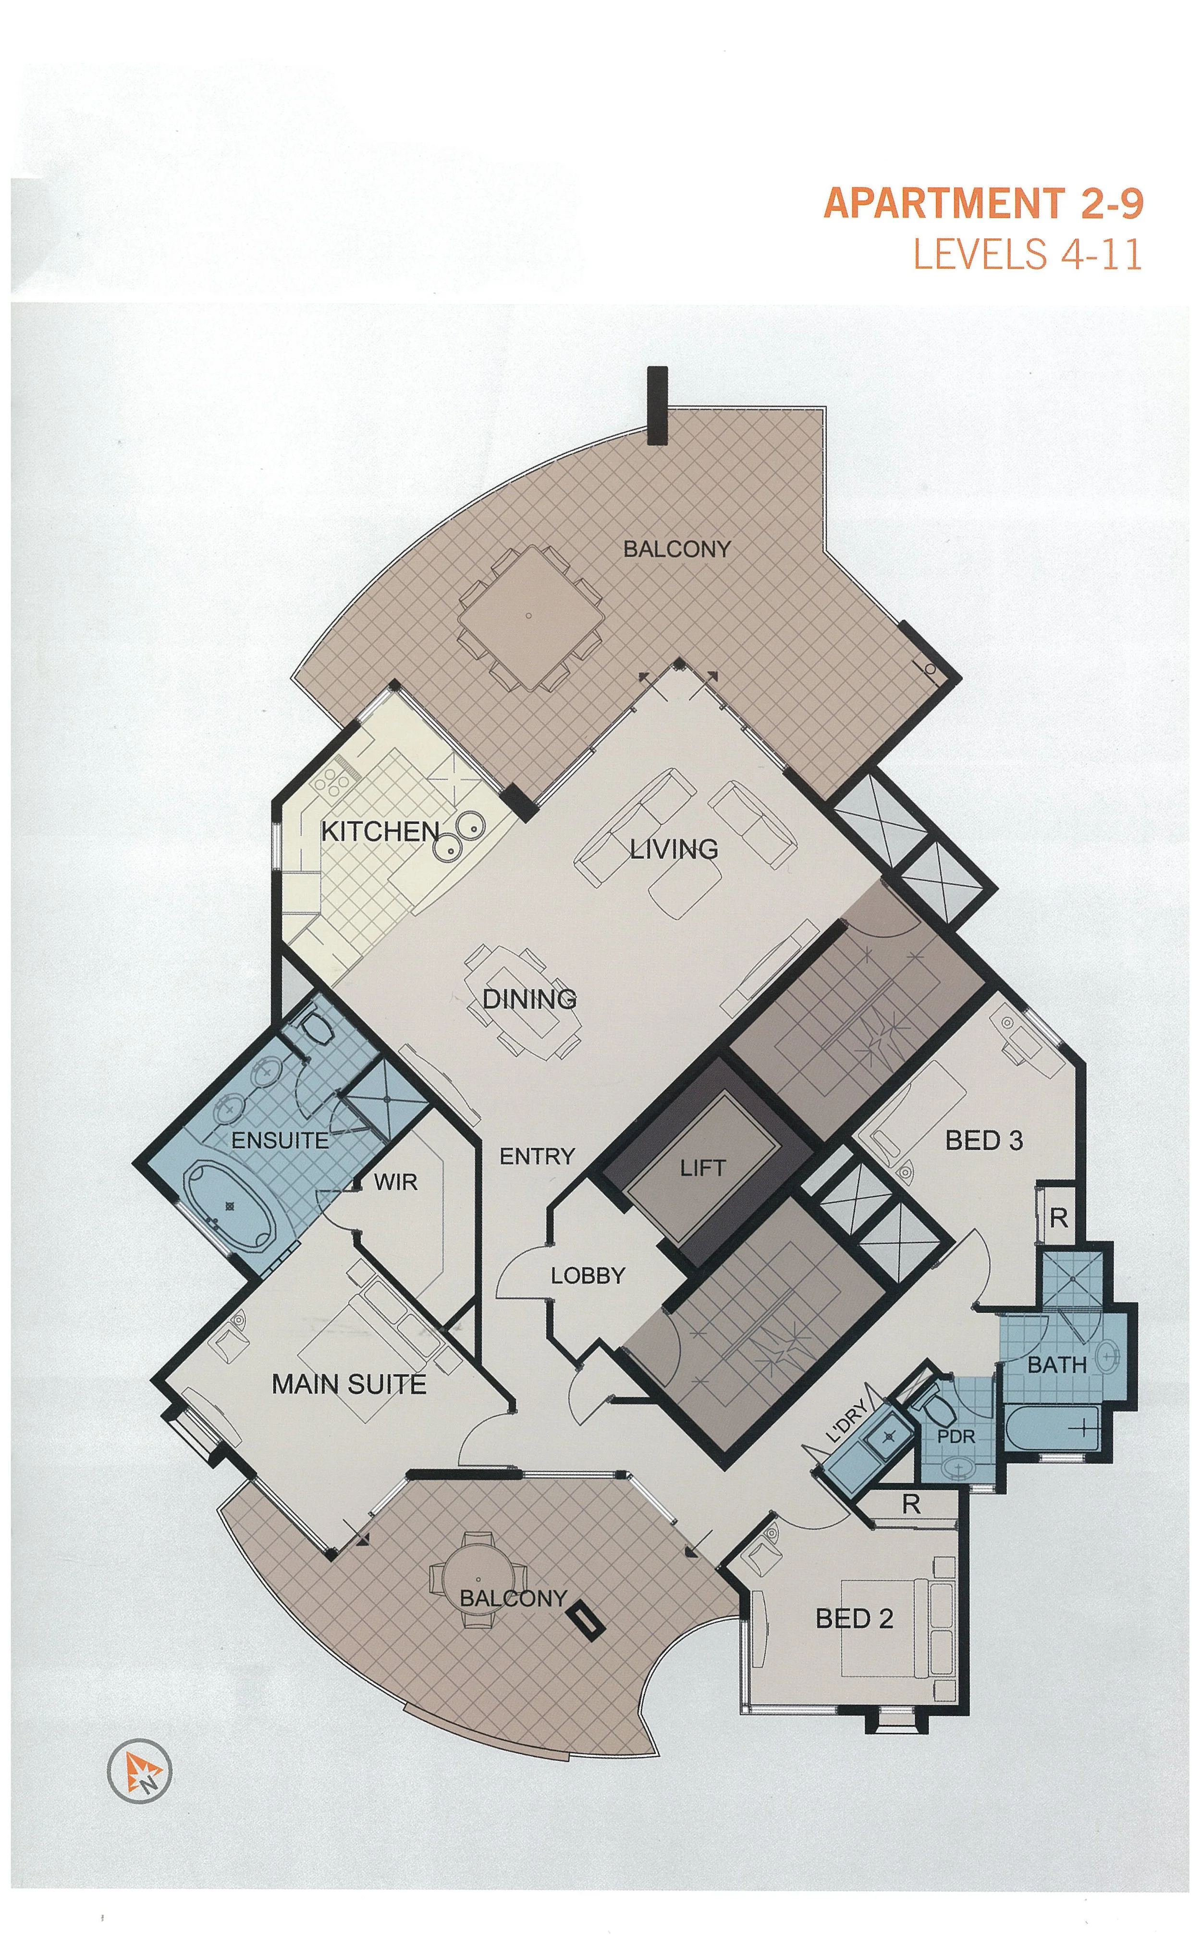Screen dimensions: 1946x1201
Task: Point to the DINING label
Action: [529, 999]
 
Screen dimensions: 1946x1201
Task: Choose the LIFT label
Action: [702, 1168]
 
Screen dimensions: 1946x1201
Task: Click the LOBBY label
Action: [588, 1276]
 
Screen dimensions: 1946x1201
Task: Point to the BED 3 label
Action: [983, 1140]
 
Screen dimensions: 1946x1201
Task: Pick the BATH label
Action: [1056, 1364]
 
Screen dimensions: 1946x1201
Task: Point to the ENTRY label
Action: [537, 1156]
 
